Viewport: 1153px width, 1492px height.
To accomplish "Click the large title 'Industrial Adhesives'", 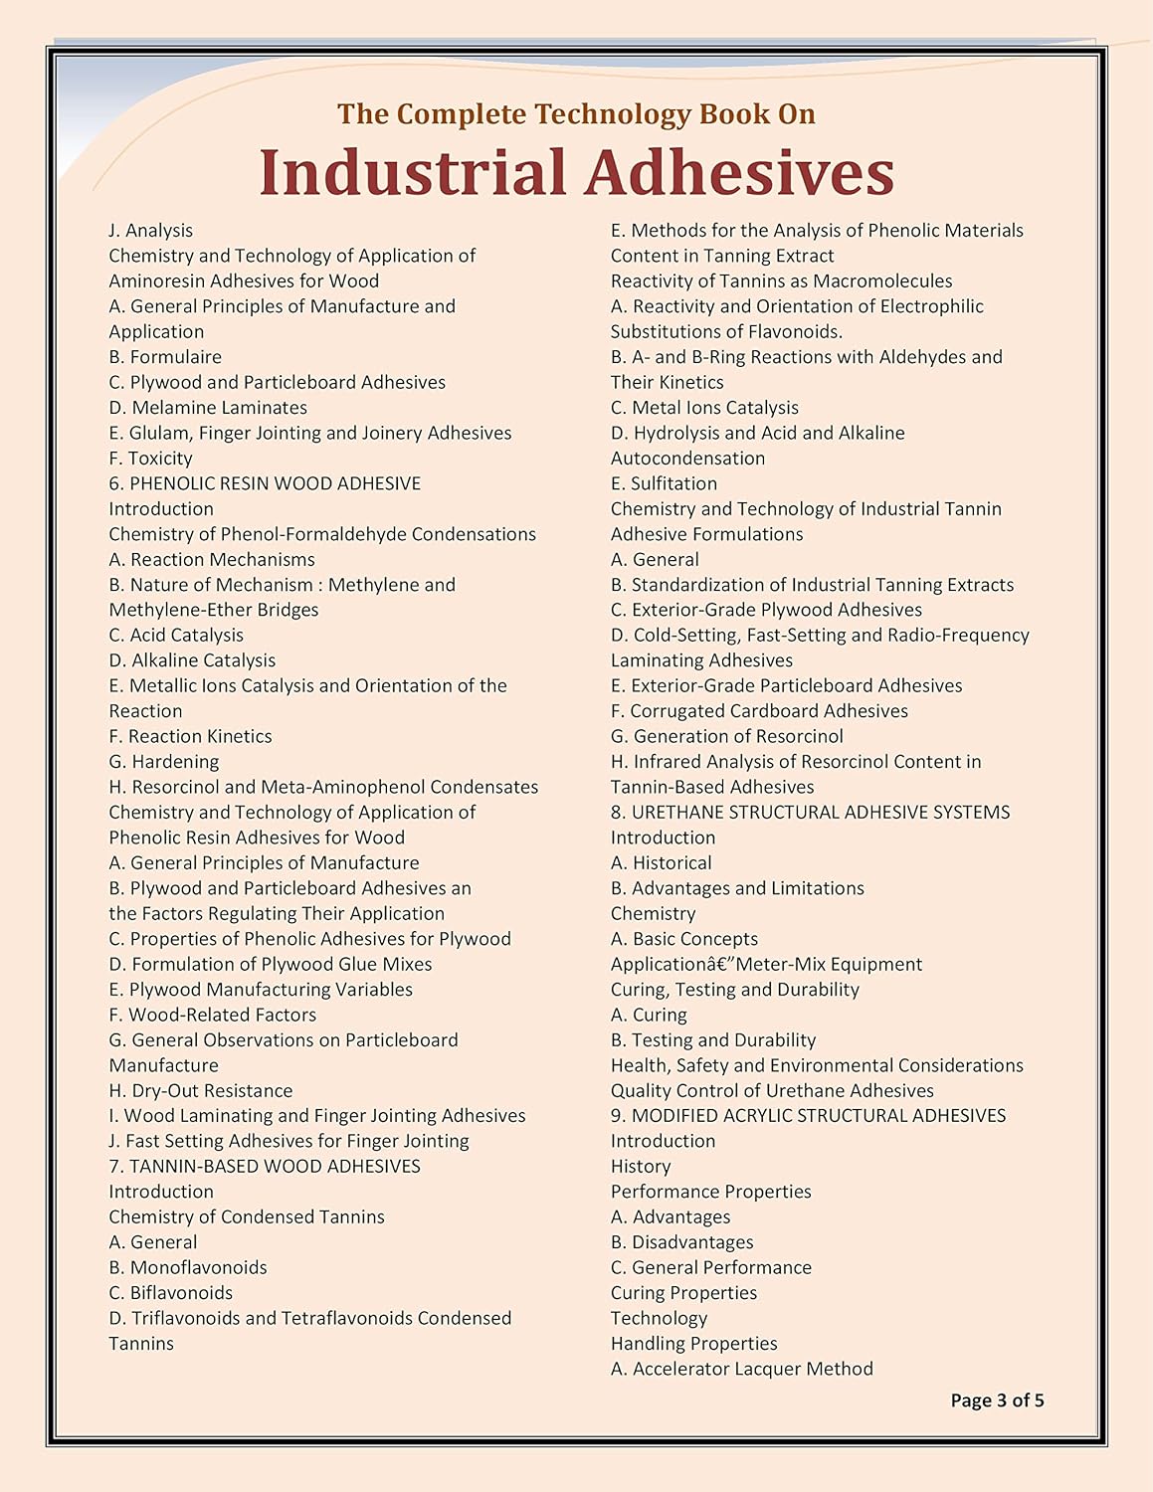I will (576, 172).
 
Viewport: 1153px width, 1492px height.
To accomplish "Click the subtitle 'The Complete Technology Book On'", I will (576, 114).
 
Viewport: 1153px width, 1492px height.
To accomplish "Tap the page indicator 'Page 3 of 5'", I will (997, 1400).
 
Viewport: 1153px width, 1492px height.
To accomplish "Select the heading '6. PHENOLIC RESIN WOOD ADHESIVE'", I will (265, 483).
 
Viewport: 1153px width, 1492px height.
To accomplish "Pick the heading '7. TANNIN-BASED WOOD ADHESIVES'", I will (265, 1166).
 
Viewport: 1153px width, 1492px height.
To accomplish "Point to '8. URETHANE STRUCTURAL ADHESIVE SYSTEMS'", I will (810, 812).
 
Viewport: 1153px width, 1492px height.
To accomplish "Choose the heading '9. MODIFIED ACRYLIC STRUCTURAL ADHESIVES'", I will (808, 1115).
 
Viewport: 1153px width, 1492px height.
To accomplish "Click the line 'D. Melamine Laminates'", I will (208, 408).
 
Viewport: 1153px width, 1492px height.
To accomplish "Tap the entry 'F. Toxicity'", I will (150, 459).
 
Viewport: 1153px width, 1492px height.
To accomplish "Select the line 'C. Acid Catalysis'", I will (176, 635).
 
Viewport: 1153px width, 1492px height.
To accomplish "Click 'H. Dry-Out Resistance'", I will (201, 1090).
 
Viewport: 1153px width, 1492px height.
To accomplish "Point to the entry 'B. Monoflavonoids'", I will (188, 1267).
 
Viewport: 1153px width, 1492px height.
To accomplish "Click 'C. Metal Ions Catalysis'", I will (704, 408).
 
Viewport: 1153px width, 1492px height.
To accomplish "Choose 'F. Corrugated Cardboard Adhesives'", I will (759, 711).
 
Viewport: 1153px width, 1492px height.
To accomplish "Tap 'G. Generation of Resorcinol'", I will (726, 736).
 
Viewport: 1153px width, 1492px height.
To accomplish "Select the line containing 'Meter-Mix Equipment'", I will (766, 964).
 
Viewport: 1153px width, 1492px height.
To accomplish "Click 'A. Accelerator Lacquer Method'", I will (741, 1369).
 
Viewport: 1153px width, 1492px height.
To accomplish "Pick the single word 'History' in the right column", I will (641, 1166).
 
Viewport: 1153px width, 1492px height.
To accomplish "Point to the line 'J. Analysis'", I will (150, 231).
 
